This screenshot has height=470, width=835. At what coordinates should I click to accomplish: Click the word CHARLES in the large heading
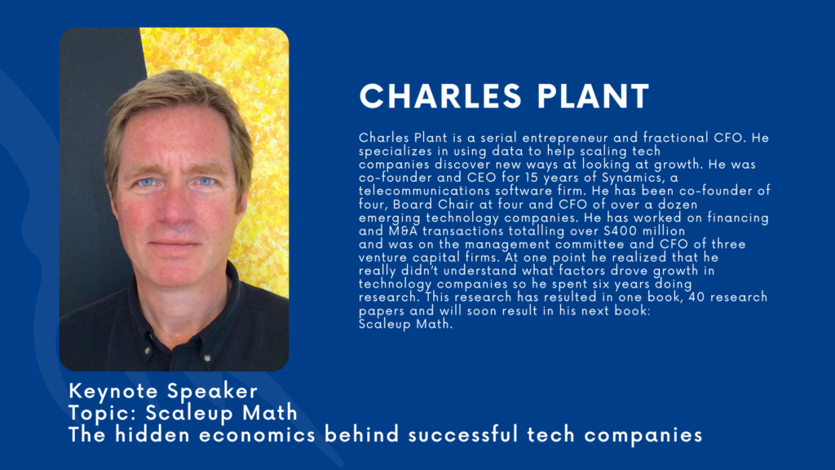[x=440, y=96]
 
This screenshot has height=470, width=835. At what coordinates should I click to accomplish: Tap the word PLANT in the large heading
[x=594, y=96]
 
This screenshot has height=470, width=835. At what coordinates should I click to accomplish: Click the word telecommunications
[x=425, y=191]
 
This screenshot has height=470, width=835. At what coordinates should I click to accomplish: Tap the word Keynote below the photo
[x=113, y=391]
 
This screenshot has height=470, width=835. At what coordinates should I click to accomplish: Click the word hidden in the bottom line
[x=152, y=434]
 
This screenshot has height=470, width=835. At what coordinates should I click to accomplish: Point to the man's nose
[x=175, y=208]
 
